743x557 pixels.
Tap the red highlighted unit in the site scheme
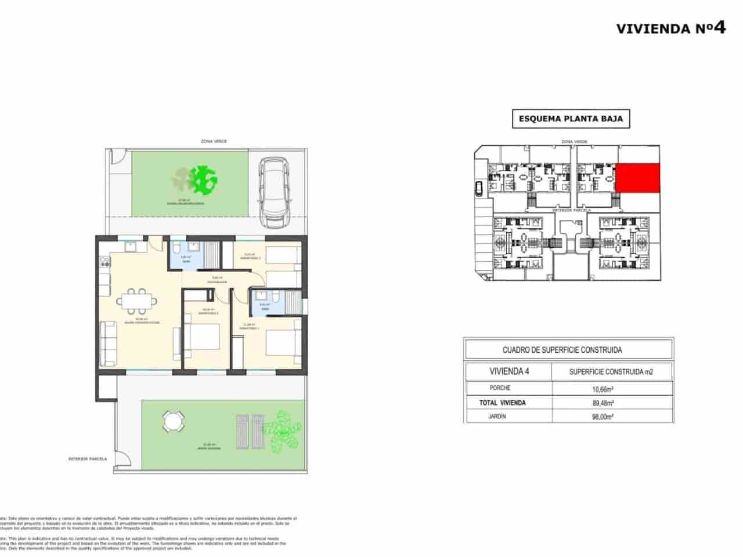[637, 178]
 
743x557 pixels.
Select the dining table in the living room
[138, 300]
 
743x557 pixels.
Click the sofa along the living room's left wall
[107, 343]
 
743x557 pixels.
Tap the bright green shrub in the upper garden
[204, 180]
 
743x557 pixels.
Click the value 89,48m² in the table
[603, 403]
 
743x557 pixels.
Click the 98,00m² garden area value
[603, 416]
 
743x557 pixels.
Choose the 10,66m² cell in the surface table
[603, 389]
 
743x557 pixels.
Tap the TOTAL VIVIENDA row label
[502, 403]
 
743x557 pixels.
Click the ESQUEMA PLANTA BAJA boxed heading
[571, 119]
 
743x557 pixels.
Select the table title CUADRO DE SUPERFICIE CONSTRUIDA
[562, 350]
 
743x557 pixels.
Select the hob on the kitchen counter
[105, 262]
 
